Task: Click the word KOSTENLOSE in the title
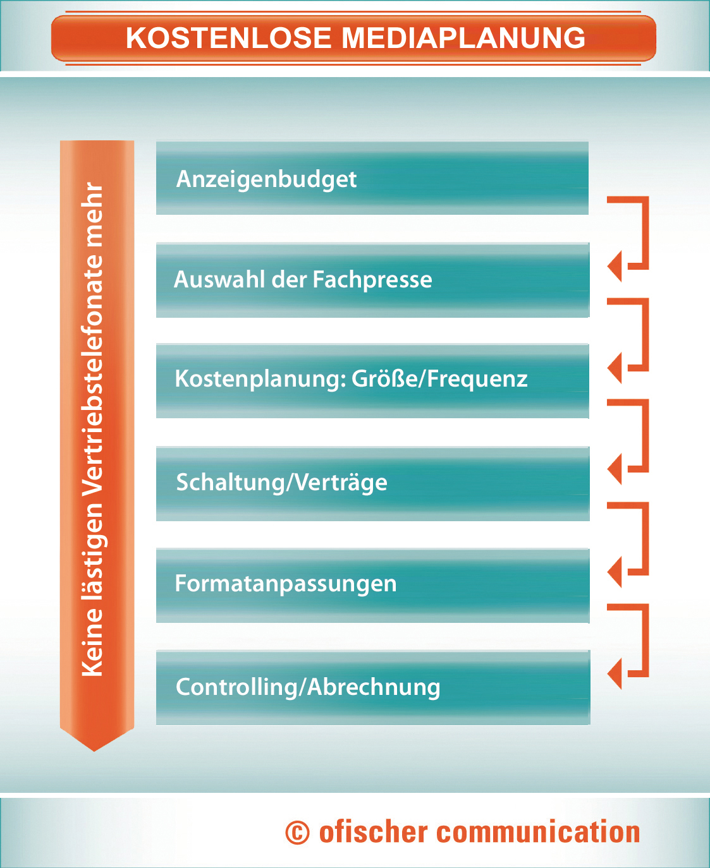pos(229,39)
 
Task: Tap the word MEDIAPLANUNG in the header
pos(463,39)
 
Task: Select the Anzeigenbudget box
pos(372,178)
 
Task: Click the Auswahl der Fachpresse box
pos(373,280)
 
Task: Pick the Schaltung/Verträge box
pos(373,483)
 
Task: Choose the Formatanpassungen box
pos(373,585)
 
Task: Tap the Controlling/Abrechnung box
pos(373,687)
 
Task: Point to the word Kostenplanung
pos(258,380)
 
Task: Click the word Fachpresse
pos(372,280)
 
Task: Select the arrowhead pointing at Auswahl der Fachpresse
pos(615,266)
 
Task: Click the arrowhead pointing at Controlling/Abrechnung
pos(615,673)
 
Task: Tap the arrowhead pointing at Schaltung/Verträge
pos(615,469)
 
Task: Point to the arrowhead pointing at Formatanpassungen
pos(615,572)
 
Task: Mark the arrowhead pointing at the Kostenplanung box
pos(615,368)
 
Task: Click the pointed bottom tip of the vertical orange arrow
pos(94,751)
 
